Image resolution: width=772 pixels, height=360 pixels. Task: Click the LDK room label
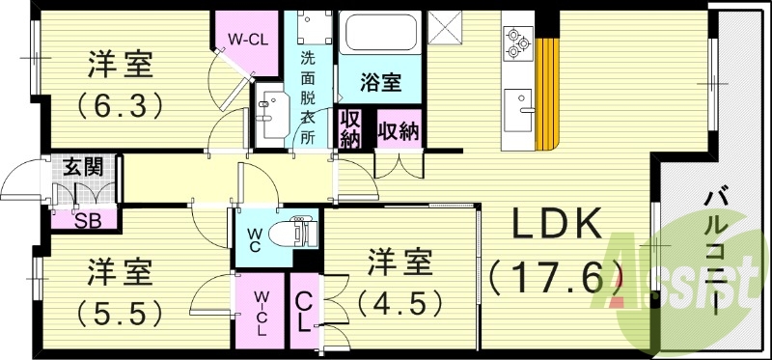pos(552,230)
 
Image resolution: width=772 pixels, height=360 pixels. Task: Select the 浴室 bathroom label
pos(380,82)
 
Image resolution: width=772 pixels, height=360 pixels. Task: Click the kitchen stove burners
pos(516,39)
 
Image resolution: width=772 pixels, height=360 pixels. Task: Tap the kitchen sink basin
pos(518,100)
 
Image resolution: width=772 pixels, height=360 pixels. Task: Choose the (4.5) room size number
pos(400,302)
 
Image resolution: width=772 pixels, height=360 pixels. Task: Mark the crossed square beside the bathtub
pos(447,26)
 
